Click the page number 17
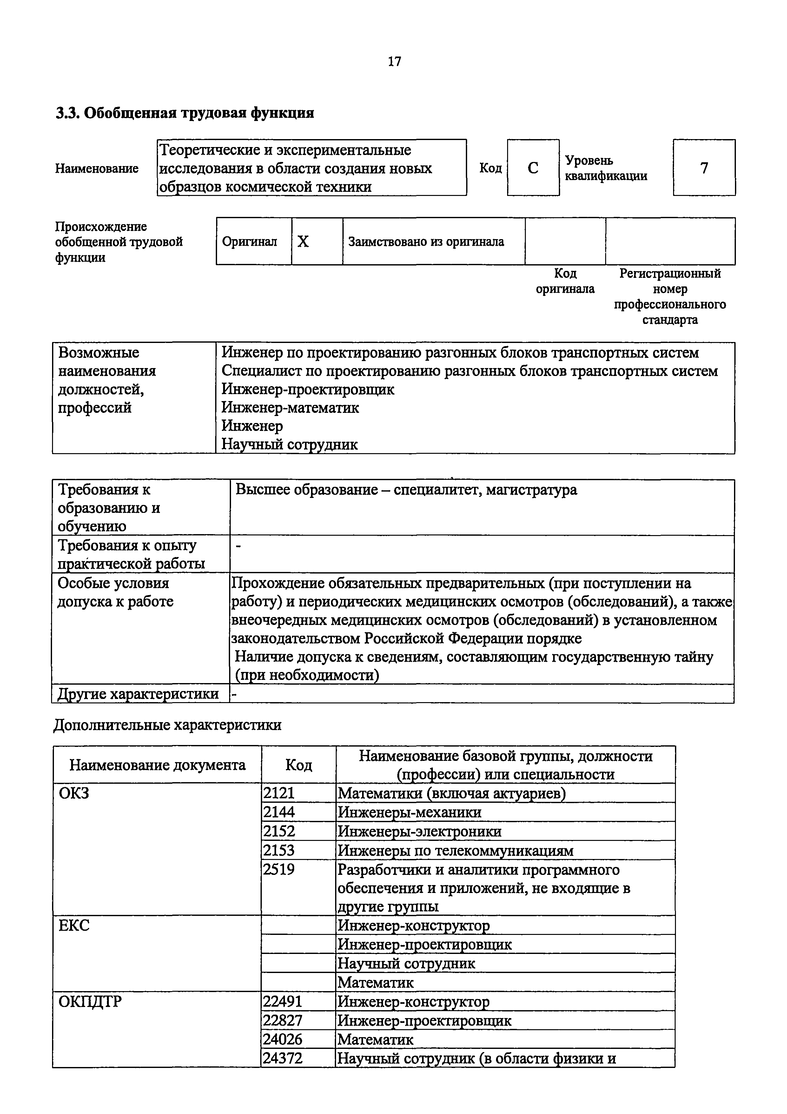[394, 62]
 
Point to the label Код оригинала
[565, 281]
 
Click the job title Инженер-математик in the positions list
[290, 407]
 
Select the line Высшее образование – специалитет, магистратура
[406, 490]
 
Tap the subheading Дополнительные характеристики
[167, 725]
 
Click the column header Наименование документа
[157, 765]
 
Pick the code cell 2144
[279, 812]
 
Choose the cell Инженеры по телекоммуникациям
[455, 850]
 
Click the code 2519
[279, 869]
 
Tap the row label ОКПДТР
[90, 1002]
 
